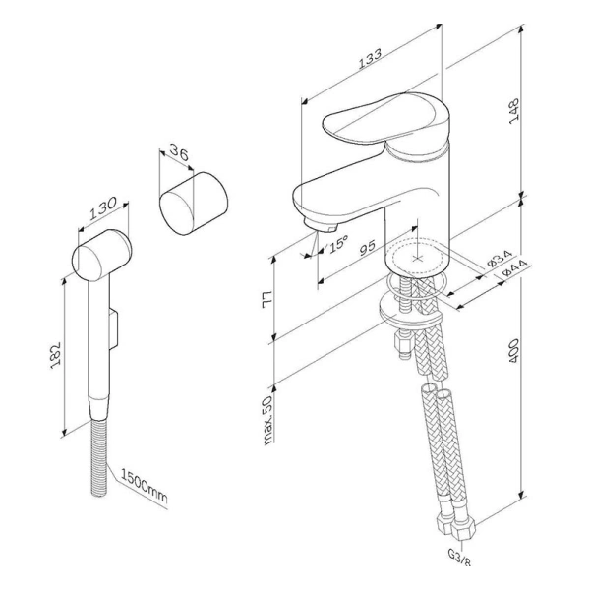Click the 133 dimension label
pos(370,58)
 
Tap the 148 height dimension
pos(514,110)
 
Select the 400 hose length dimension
pos(513,351)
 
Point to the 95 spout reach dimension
pos(367,247)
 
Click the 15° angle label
pos(338,243)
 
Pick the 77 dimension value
pos(266,300)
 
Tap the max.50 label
pos(267,420)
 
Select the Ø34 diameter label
pos(500,258)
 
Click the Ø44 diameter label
pos(514,267)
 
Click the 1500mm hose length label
pos(144,486)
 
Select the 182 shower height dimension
pos(55,355)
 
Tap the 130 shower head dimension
pos(102,208)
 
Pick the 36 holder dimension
pos(179,151)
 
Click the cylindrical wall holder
pos(194,204)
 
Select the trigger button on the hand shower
pos(114,327)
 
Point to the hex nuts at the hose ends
pos(456,525)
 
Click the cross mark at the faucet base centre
pos(417,259)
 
